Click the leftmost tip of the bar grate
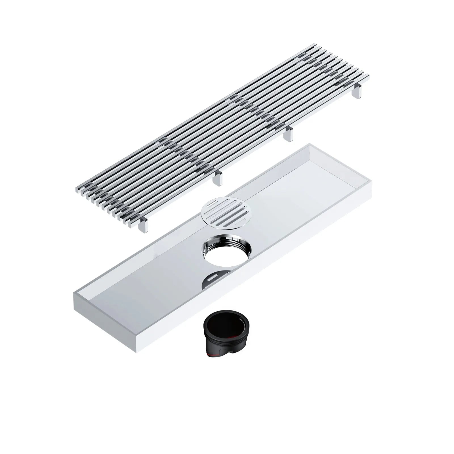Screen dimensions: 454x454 pos(75,188)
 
